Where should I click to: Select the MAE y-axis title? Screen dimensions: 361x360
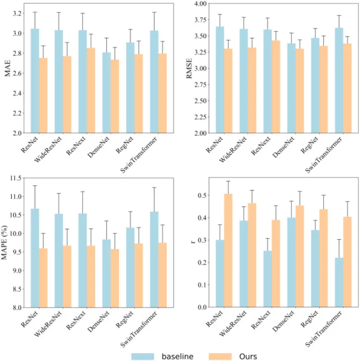[7, 69]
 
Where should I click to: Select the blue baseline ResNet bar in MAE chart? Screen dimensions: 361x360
[35, 80]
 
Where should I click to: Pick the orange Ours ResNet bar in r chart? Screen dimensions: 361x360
[228, 250]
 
